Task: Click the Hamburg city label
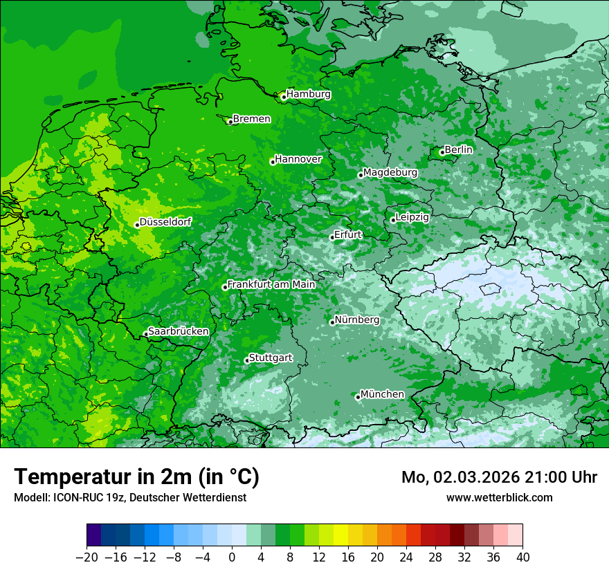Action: (308, 94)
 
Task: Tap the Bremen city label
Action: (251, 119)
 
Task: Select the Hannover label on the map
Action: (298, 159)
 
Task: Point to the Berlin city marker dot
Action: (442, 152)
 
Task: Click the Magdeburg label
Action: (390, 172)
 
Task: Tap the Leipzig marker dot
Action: (393, 220)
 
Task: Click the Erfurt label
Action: (347, 234)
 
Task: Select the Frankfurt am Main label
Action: (271, 284)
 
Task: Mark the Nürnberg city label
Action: (356, 320)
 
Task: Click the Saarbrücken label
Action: (178, 331)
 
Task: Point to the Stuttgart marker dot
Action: (247, 360)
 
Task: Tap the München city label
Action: (382, 394)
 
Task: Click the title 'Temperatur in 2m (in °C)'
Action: (136, 476)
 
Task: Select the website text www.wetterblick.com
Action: (499, 497)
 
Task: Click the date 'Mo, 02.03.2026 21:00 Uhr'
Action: (499, 477)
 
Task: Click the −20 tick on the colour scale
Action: (87, 557)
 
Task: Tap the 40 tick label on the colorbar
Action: (522, 557)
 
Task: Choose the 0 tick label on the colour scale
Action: (232, 557)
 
